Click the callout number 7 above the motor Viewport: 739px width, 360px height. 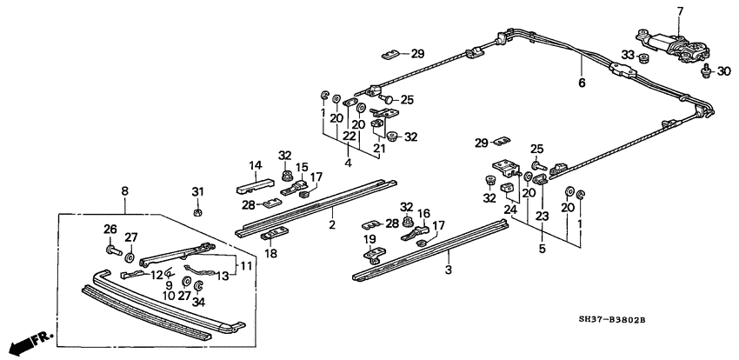680,10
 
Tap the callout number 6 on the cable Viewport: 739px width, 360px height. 582,83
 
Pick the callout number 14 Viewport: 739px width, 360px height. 256,165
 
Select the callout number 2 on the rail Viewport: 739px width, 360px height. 331,225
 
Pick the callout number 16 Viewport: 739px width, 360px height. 424,213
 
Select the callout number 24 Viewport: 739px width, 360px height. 509,209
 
